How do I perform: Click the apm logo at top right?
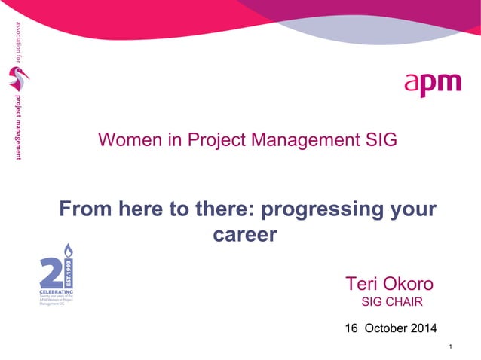(433, 84)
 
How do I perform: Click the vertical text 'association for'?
(16, 42)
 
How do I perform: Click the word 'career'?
(246, 235)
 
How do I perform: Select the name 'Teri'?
(363, 284)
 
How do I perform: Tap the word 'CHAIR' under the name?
(403, 303)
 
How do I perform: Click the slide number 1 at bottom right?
(449, 346)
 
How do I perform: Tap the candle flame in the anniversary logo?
(67, 249)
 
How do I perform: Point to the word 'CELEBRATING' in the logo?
(56, 290)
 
